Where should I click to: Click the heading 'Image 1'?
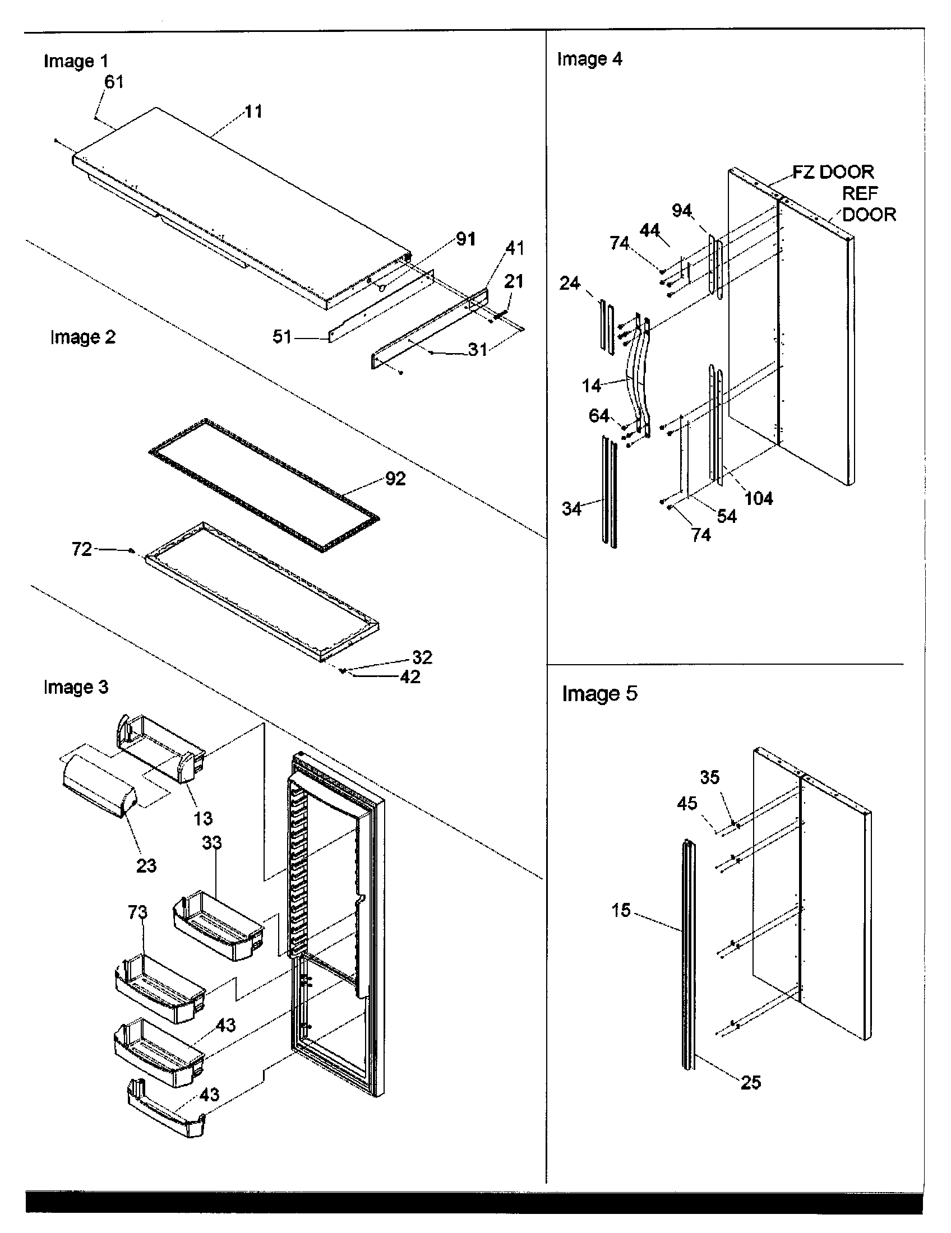[x=76, y=61]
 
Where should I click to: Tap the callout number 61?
[x=113, y=82]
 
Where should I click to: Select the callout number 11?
[x=253, y=111]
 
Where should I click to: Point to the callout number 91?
[x=465, y=239]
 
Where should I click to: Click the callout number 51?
[x=282, y=337]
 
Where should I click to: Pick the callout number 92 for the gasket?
[x=395, y=479]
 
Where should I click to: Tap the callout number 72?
[x=82, y=549]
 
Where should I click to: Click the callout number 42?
[x=410, y=677]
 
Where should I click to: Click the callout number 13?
[x=203, y=818]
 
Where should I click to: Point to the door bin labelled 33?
[x=218, y=925]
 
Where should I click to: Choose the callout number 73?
[x=137, y=912]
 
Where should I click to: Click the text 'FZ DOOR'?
[x=833, y=171]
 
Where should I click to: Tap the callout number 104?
[x=759, y=498]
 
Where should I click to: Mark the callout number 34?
[x=571, y=509]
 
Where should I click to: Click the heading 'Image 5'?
[x=599, y=693]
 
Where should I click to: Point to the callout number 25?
[x=750, y=1082]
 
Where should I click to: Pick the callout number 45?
[x=687, y=803]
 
